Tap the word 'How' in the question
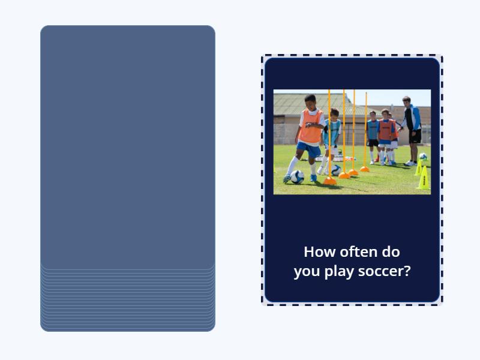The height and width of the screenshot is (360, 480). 318,251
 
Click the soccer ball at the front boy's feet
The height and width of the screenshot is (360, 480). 297,176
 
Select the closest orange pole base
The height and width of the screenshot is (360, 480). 329,181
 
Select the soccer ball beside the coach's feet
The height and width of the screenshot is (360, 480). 423,157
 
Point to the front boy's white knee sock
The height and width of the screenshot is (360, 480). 292,165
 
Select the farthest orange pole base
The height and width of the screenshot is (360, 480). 364,169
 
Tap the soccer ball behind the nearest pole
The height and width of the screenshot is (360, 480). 337,170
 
